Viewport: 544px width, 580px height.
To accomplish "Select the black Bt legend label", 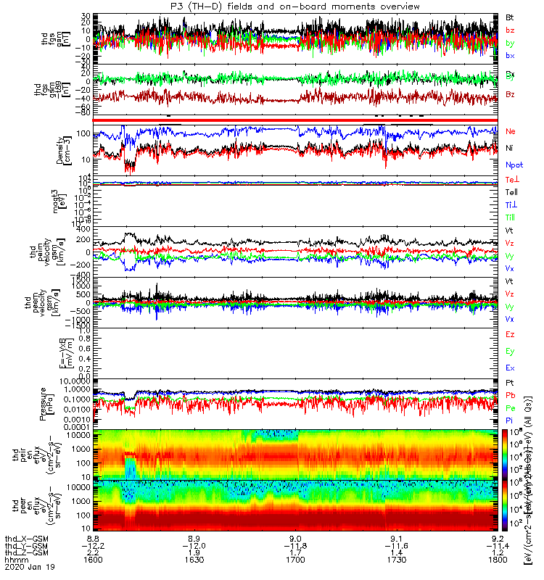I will [x=510, y=15].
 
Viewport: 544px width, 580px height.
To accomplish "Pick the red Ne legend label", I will [x=511, y=131].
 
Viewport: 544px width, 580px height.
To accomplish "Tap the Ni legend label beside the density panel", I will [x=510, y=148].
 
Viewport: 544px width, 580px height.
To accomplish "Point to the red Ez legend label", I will [x=510, y=335].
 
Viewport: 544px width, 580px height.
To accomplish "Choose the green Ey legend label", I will [x=510, y=352].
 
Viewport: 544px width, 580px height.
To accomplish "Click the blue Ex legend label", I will [x=510, y=368].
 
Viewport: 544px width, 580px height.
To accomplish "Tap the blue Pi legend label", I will [x=509, y=420].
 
